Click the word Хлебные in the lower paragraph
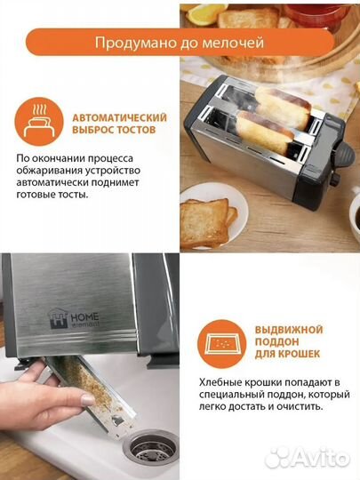coord(221,380)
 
